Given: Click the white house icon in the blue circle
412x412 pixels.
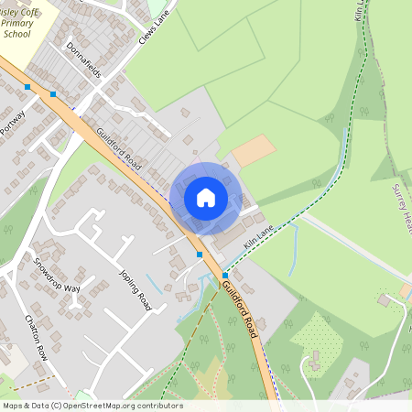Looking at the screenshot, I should pyautogui.click(x=206, y=197).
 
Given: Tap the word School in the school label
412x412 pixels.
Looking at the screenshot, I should pyautogui.click(x=16, y=33).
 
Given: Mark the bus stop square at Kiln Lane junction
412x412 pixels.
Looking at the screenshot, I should pyautogui.click(x=225, y=275).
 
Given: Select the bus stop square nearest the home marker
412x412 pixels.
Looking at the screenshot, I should pyautogui.click(x=200, y=254).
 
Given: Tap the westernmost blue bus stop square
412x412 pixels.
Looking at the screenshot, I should pyautogui.click(x=27, y=87).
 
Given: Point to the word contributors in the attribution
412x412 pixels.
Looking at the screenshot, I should pyautogui.click(x=158, y=406).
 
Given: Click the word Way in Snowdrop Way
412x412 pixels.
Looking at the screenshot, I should pyautogui.click(x=70, y=287).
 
